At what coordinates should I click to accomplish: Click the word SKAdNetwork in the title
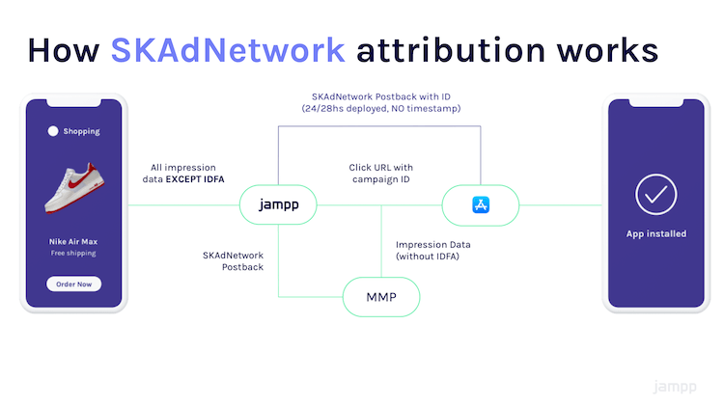(228, 50)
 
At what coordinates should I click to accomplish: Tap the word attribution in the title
(451, 50)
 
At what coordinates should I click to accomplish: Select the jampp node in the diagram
(278, 204)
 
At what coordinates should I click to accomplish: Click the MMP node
(381, 297)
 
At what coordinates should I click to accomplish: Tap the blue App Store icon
(481, 204)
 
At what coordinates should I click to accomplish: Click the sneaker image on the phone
(74, 187)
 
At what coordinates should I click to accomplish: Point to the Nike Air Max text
(73, 241)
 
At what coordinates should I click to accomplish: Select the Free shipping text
(73, 253)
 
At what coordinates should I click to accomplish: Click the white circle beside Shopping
(53, 131)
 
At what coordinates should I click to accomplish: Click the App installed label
(656, 234)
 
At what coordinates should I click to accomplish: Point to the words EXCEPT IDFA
(195, 179)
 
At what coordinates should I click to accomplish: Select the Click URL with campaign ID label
(381, 173)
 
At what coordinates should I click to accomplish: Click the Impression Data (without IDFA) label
(433, 250)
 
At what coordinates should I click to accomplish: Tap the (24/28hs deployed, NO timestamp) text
(381, 108)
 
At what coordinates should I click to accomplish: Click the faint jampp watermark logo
(675, 387)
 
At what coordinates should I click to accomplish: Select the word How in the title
(64, 50)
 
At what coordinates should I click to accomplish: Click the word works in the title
(607, 50)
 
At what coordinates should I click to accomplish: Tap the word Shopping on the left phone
(81, 131)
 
